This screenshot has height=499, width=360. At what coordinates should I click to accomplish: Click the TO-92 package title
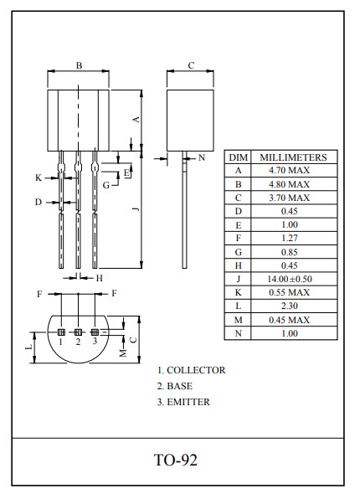point(176,460)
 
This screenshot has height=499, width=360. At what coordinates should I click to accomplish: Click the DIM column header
point(238,157)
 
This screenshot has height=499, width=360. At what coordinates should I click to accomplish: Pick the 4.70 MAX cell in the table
point(289,171)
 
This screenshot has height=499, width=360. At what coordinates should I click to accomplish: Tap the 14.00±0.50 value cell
point(289,279)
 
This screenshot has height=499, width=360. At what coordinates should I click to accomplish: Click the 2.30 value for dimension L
point(289,306)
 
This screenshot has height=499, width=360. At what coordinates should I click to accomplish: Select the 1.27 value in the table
point(289,238)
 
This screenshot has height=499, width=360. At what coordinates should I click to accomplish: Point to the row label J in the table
point(238,279)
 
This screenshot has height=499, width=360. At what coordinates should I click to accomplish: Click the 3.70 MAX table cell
point(289,198)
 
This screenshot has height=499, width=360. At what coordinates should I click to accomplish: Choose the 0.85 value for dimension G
point(289,251)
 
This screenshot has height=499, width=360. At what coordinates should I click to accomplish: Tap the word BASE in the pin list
point(180,386)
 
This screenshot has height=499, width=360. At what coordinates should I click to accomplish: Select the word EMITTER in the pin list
point(188,402)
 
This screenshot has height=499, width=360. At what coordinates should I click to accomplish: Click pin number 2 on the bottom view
point(78,341)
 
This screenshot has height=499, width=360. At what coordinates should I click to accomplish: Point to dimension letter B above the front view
point(79,65)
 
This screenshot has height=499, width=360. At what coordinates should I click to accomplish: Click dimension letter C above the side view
point(191,65)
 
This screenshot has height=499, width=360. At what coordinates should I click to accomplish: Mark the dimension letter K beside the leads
point(38,177)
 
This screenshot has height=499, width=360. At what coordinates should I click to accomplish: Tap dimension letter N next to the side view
point(201,157)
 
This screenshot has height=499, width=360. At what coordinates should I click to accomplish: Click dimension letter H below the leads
point(98,278)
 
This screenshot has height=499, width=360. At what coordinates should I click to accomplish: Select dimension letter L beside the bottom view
point(28,346)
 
